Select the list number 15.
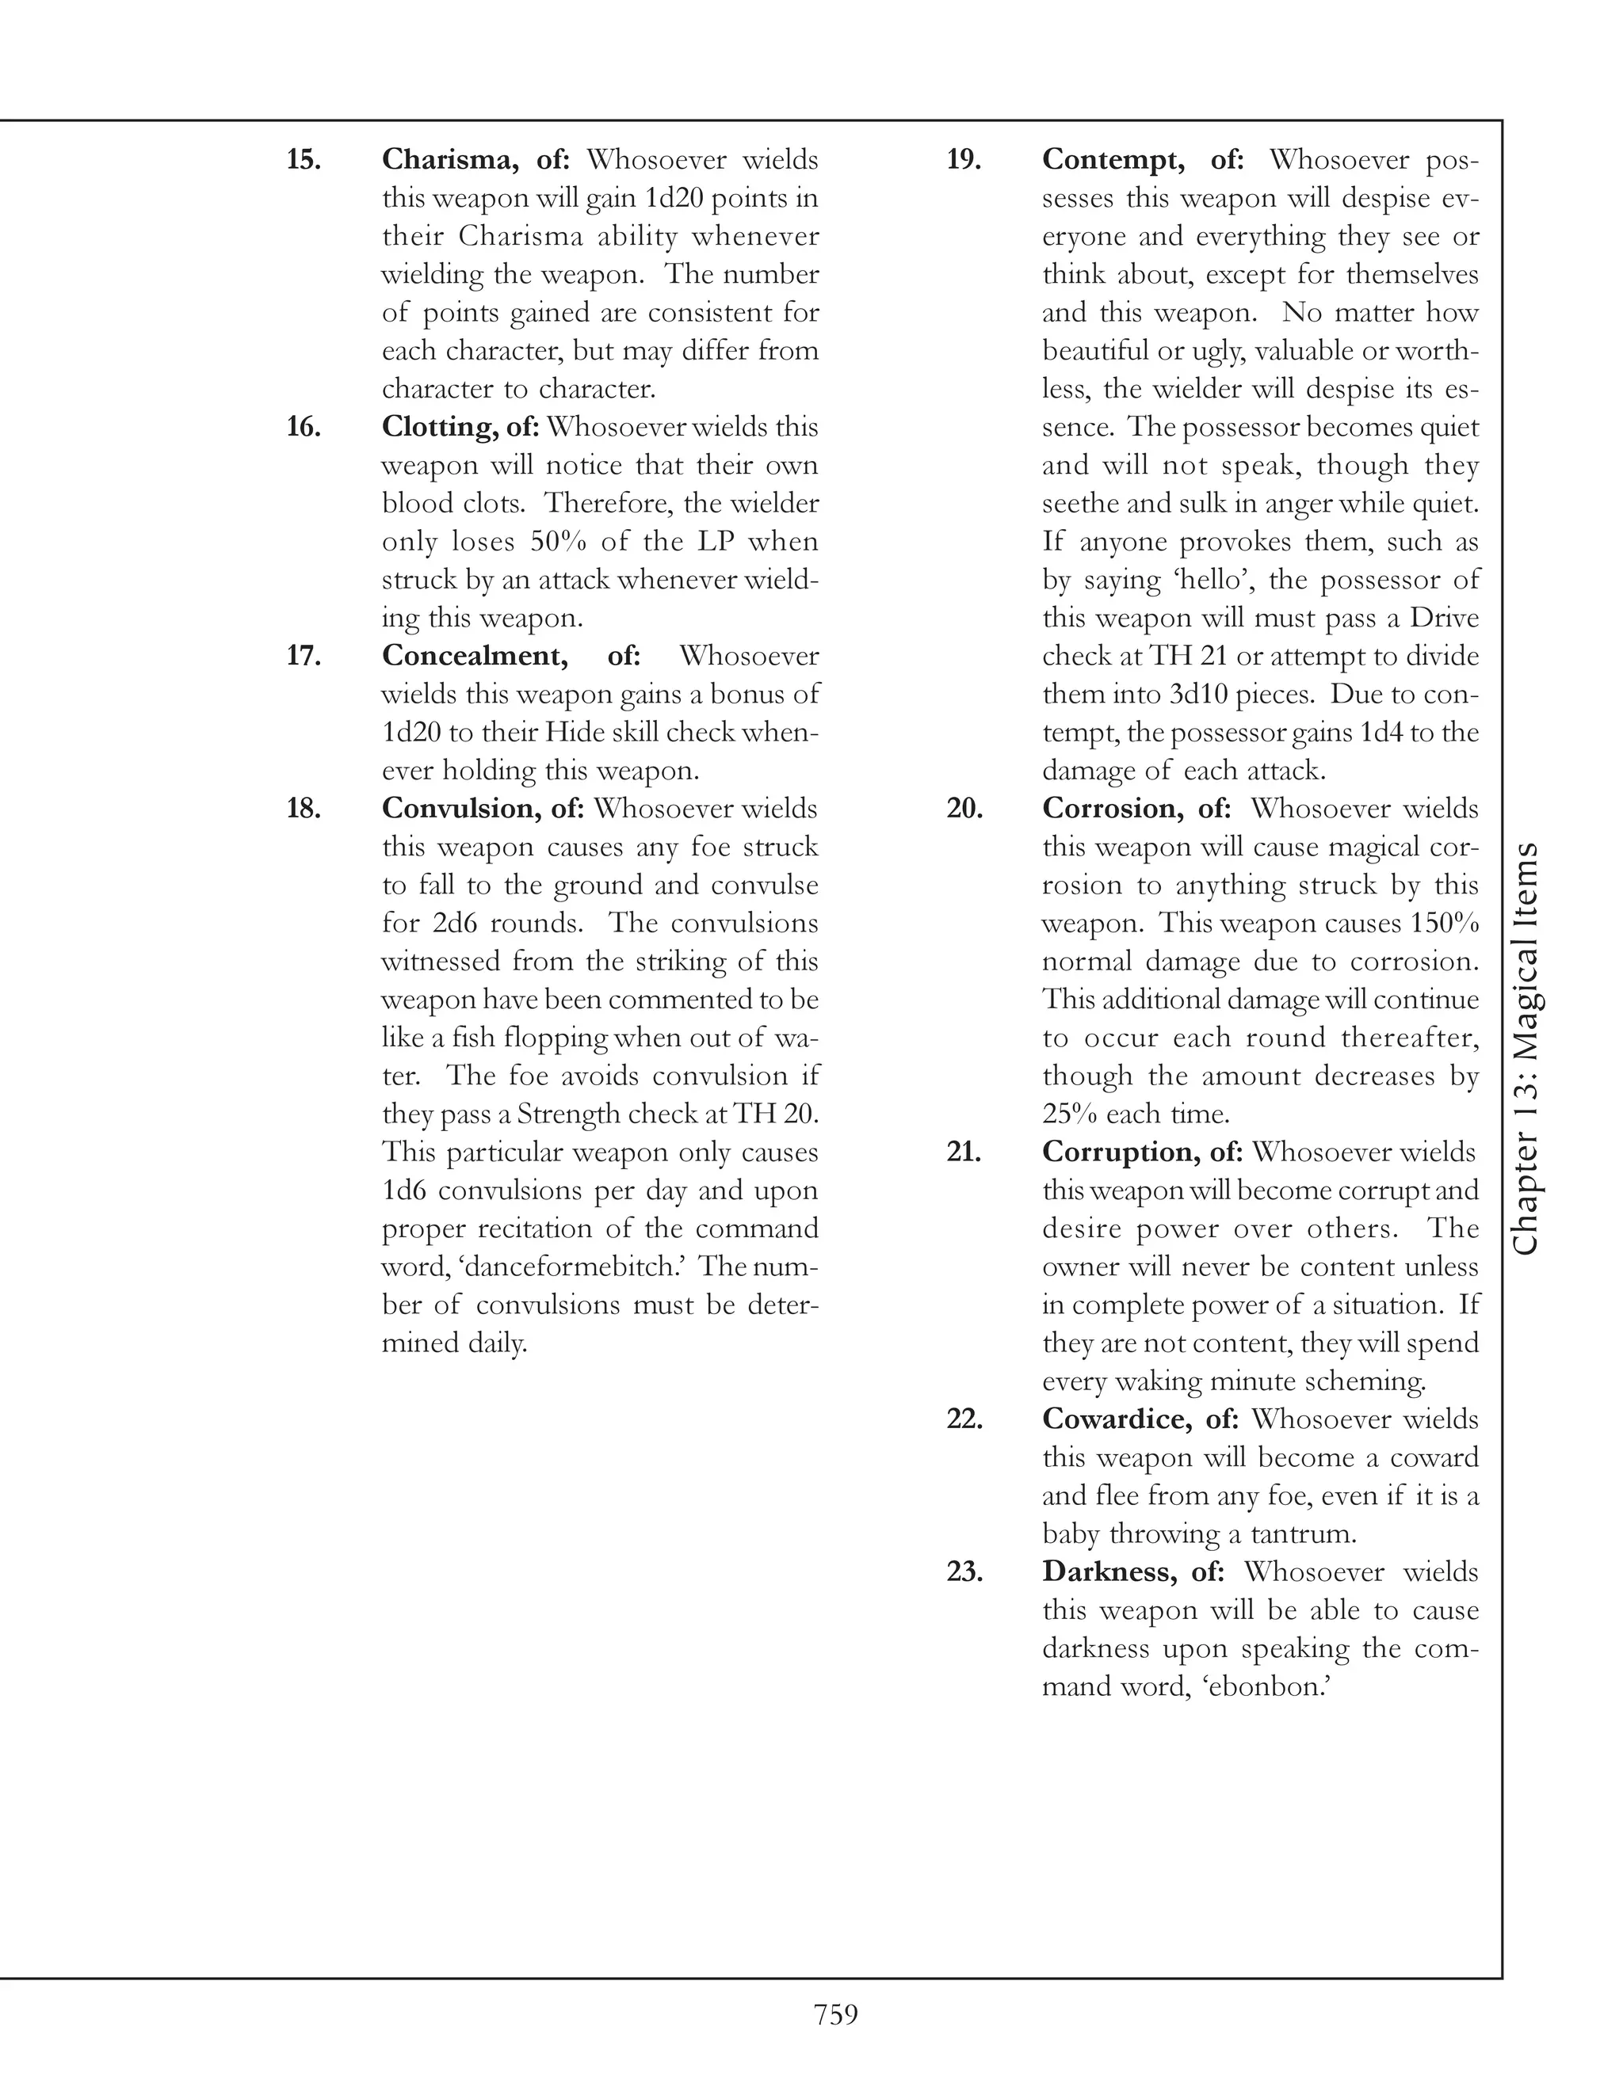[x=304, y=159]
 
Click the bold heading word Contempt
[x=1113, y=159]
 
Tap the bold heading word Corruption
[x=1119, y=1152]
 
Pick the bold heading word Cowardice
[x=1117, y=1419]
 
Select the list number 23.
[x=964, y=1571]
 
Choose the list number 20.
[x=964, y=808]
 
